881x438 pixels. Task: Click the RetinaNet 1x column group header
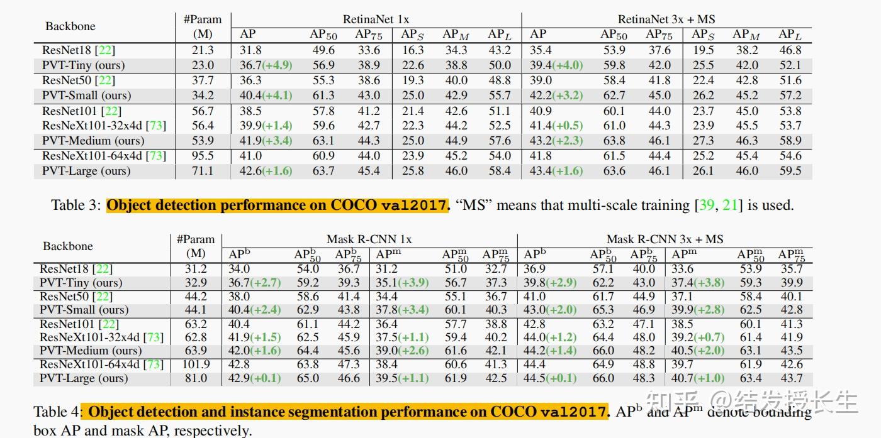(376, 19)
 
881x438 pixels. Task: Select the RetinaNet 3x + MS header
(666, 19)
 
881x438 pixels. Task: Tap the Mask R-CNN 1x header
(369, 239)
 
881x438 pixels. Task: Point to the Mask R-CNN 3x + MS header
(665, 239)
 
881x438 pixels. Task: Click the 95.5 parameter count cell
(202, 156)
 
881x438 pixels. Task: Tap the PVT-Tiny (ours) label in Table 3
(83, 65)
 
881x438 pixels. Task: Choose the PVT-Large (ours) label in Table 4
(84, 378)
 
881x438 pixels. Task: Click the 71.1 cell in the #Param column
(202, 171)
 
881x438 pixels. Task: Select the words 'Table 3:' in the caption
(76, 205)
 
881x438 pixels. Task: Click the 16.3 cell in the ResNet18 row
(413, 50)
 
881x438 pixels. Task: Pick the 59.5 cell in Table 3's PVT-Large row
(790, 171)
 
